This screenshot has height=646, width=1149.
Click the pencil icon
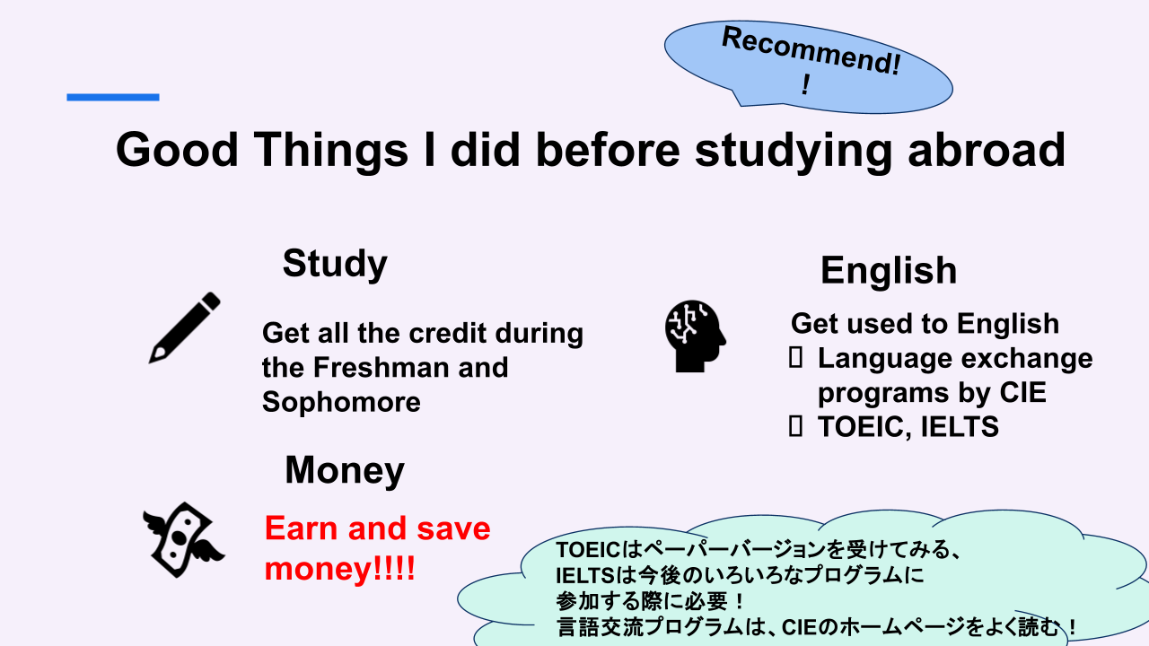185,327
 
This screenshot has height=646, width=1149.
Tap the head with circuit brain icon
696,336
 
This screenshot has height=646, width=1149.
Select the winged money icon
183,540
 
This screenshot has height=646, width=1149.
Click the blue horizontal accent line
113,97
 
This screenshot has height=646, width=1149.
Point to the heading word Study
335,264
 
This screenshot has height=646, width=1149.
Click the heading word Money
345,470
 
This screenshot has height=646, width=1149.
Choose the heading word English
889,271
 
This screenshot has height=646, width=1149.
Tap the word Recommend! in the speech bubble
811,50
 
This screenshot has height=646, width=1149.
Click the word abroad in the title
987,150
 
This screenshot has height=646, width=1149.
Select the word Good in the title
177,150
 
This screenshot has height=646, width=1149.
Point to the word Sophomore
341,401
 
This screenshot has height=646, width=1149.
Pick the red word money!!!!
339,569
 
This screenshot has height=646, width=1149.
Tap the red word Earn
301,528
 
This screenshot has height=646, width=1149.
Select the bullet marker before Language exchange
795,358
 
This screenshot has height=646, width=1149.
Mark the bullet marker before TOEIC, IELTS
795,426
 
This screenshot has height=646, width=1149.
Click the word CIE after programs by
1022,392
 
